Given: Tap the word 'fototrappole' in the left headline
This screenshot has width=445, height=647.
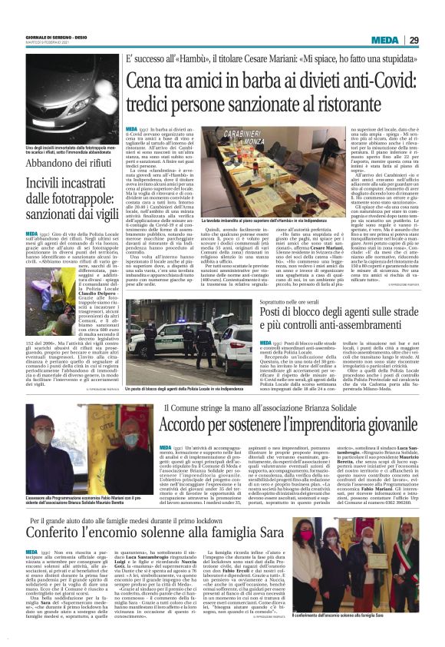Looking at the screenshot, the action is tap(74, 204).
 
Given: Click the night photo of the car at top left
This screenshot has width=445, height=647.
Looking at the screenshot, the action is tap(67, 99).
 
